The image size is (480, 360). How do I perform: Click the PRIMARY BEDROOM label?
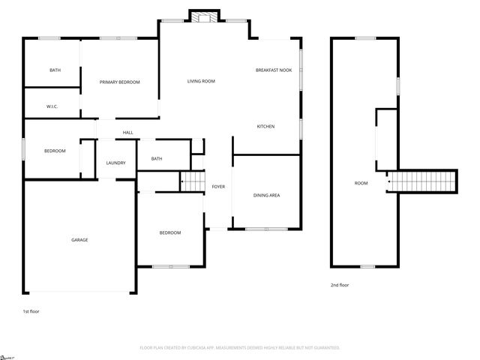(120, 82)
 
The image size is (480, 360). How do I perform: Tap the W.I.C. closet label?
(52, 106)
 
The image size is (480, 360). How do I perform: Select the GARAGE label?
(79, 240)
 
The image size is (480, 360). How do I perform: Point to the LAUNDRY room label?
(115, 163)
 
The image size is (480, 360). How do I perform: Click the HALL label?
(128, 133)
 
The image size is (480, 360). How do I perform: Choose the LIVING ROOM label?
(201, 81)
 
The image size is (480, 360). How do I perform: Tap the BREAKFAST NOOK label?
(274, 70)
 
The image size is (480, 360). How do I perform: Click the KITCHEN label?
(265, 126)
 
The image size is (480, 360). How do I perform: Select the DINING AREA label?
(266, 195)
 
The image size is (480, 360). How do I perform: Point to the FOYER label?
(218, 186)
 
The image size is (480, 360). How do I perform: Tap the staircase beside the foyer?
(193, 181)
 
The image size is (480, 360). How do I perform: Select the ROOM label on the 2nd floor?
(361, 183)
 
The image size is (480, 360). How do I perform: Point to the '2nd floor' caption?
(340, 285)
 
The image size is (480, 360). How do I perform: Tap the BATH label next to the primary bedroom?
(55, 70)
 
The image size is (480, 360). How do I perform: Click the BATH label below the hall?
(157, 158)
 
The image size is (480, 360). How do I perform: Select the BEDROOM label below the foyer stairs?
(170, 232)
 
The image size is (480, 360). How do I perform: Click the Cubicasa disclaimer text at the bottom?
(240, 348)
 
